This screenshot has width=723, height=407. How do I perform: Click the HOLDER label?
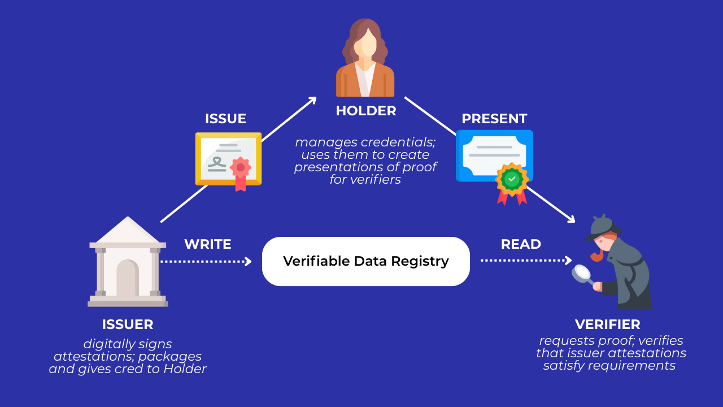pos(365,111)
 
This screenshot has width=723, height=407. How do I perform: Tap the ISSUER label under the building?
pos(128,324)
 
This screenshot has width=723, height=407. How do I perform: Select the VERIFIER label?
pos(607,324)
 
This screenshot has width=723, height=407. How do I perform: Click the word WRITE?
pos(207,244)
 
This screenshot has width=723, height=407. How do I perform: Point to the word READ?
pos(521,244)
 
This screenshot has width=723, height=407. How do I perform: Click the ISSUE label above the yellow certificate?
pos(225,119)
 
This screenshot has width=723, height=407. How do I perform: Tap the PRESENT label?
pos(494,119)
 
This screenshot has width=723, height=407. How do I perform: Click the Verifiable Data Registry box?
pos(365,261)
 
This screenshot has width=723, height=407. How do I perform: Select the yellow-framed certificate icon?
pos(228,159)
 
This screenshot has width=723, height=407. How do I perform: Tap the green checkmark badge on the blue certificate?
pos(512,179)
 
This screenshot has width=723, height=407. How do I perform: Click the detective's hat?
pos(603,226)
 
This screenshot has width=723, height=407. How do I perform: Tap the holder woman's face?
pos(368,43)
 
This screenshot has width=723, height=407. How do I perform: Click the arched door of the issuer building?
pos(128,278)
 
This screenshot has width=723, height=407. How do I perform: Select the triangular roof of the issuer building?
pos(128,231)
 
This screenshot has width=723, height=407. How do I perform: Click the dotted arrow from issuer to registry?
pos(206,261)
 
